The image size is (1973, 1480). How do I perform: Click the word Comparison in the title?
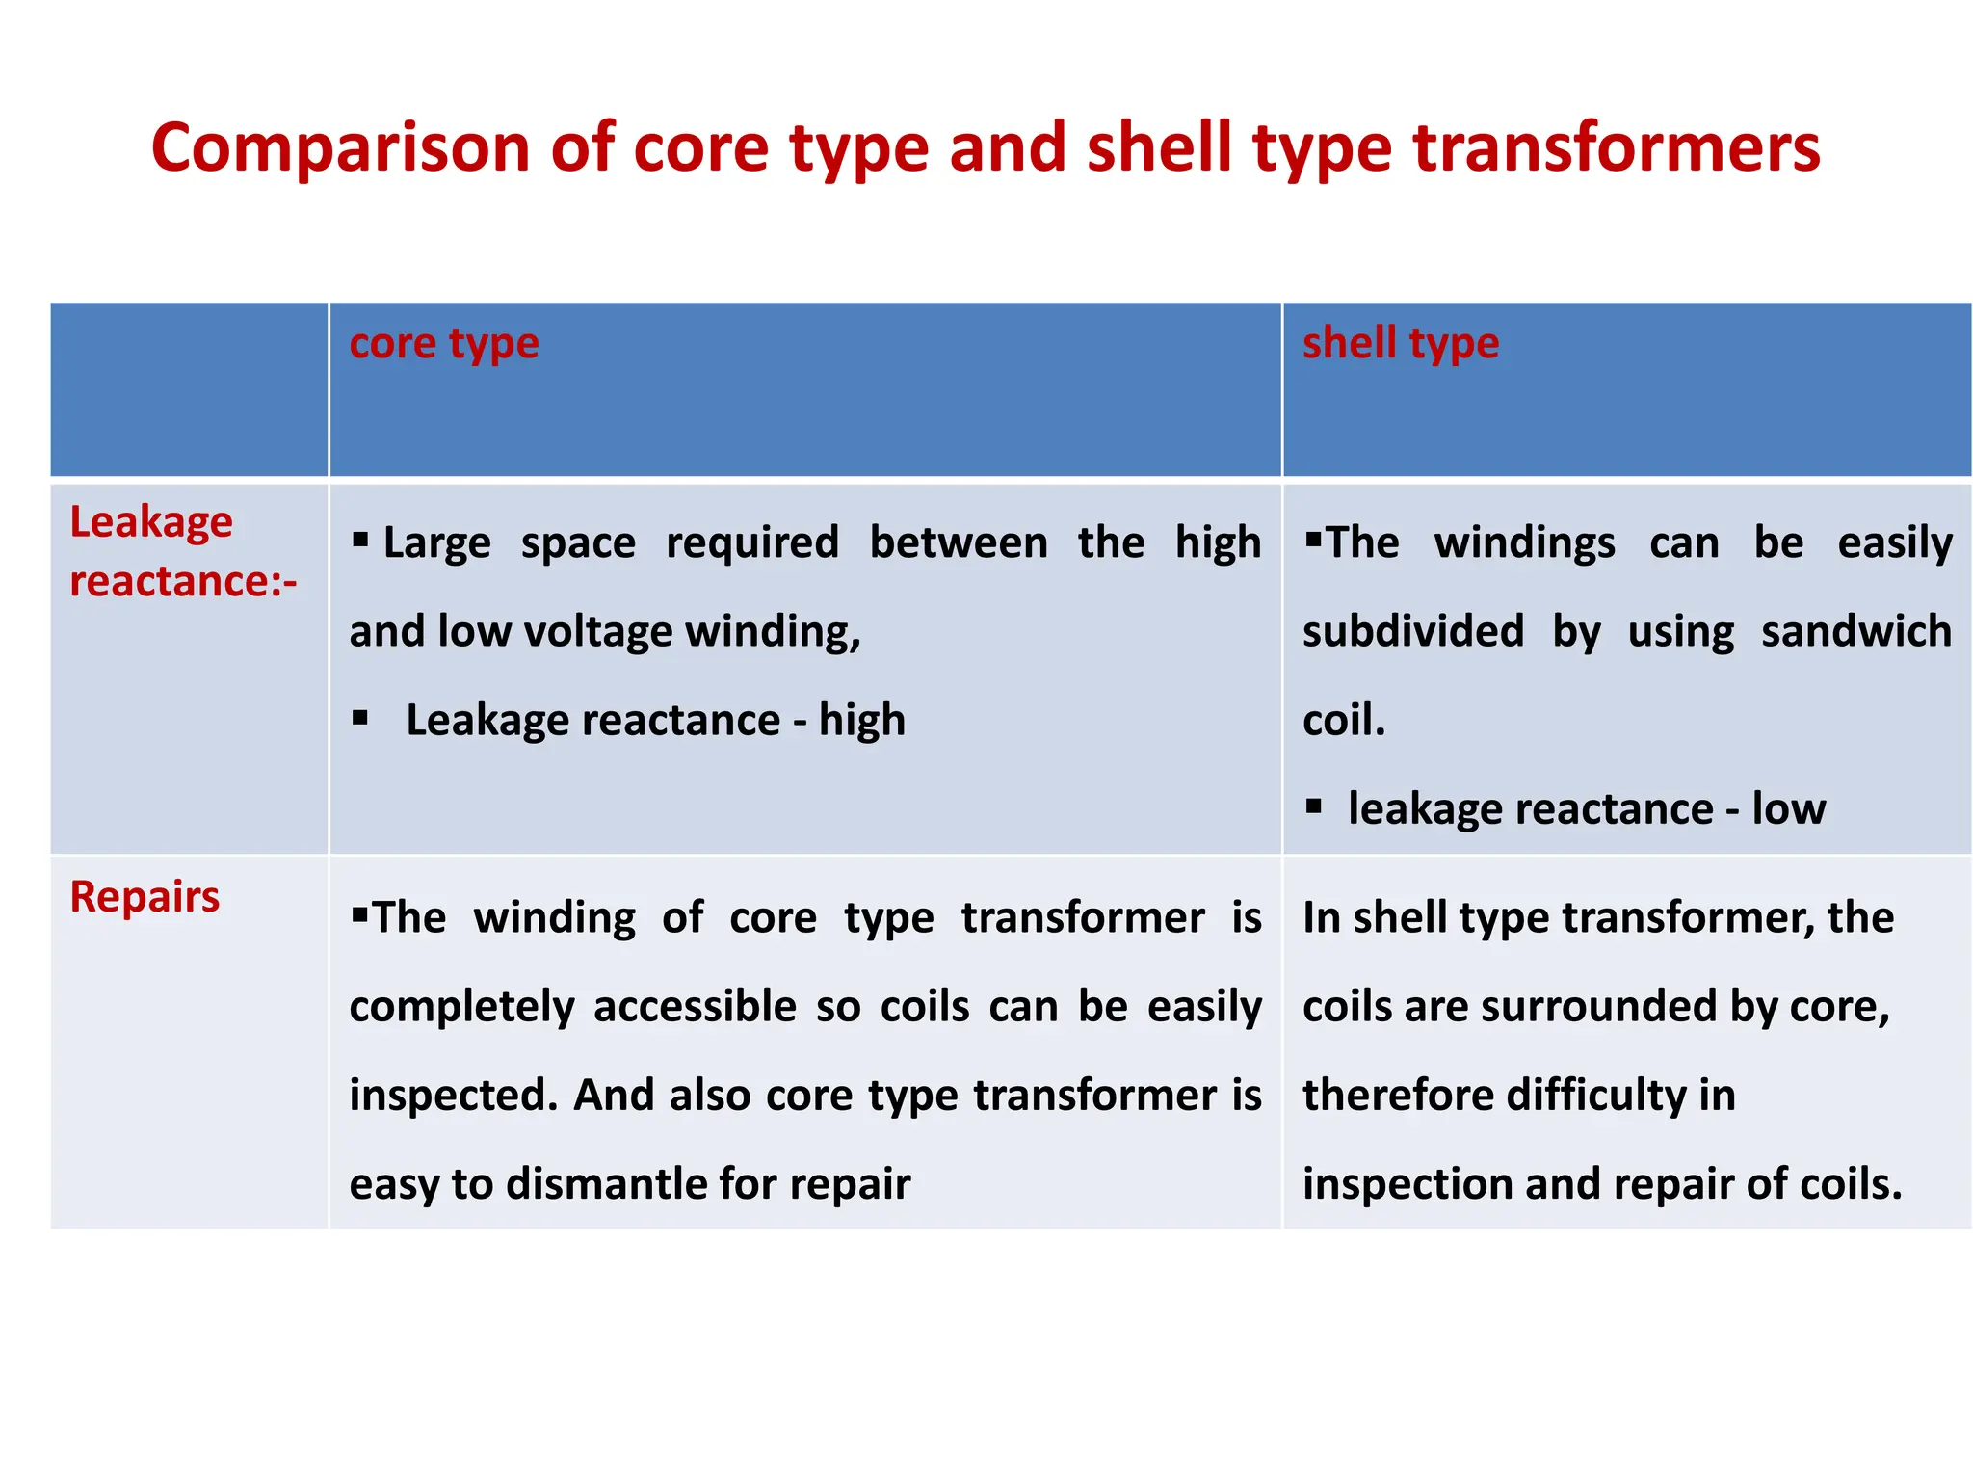340,149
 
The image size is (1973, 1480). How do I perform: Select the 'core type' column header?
443,344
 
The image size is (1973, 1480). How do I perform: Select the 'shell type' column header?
1400,344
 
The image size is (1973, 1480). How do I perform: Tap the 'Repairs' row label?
145,897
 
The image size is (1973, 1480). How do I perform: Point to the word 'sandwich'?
1855,632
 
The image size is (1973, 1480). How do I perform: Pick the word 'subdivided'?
1412,632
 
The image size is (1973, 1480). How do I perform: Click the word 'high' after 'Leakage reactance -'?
861,721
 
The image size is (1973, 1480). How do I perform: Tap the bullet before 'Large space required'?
360,540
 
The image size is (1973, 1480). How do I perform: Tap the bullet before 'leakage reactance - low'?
1313,806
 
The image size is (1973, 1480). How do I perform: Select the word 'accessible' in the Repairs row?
695,1007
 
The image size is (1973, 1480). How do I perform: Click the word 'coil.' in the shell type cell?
1343,721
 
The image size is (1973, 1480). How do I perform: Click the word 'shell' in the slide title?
1160,149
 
